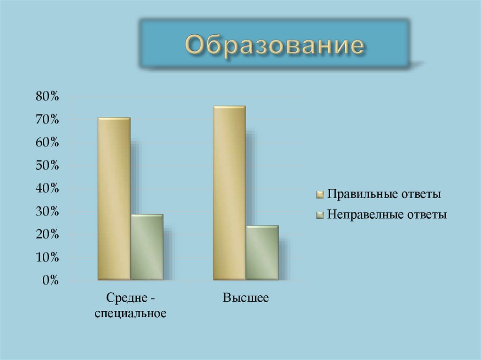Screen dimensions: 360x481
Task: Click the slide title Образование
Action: (275, 46)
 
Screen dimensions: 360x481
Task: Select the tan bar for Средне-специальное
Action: (114, 199)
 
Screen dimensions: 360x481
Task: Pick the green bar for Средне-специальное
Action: (147, 247)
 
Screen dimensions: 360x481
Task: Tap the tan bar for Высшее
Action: (229, 193)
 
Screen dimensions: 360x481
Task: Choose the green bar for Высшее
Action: (262, 253)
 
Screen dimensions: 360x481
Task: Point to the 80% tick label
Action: (47, 97)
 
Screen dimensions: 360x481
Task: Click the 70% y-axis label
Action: (47, 120)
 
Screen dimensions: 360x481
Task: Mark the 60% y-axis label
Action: (47, 143)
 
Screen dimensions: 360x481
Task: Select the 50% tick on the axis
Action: (47, 166)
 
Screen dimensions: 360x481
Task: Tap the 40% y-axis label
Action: (47, 189)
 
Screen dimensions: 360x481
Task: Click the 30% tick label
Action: (47, 212)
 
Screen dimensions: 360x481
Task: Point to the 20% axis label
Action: (47, 235)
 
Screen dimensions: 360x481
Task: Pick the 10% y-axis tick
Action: (47, 258)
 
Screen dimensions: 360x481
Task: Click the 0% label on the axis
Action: (50, 281)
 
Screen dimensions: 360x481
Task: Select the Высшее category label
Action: (246, 298)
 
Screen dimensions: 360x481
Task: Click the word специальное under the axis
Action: (130, 313)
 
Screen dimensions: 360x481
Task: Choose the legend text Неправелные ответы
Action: (387, 215)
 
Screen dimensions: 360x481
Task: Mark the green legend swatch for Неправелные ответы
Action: (320, 215)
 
